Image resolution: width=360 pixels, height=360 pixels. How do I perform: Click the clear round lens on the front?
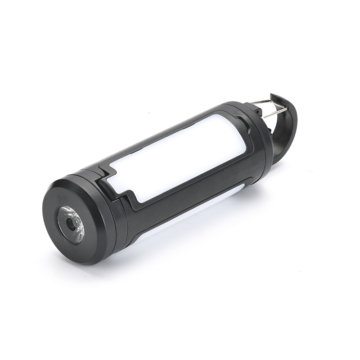71,224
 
